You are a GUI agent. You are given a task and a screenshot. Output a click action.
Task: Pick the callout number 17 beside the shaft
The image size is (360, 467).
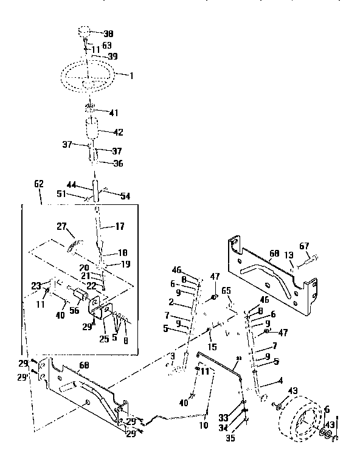119,226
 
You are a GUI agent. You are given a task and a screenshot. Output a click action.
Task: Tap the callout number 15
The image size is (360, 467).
212,347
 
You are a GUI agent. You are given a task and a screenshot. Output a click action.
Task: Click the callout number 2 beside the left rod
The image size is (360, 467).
172,302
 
